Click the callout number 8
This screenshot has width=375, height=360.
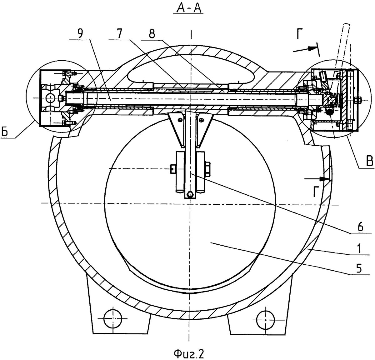click(x=152, y=33)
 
